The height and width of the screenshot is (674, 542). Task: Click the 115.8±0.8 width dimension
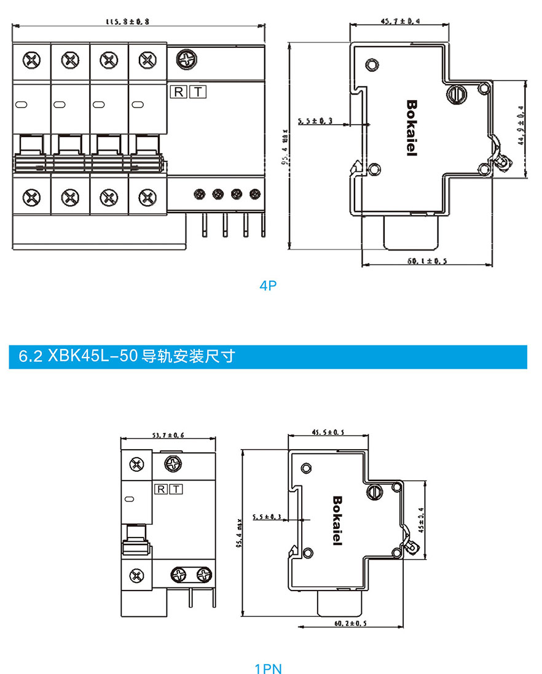pyautogui.click(x=128, y=22)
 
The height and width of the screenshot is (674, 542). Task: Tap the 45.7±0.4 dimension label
pyautogui.click(x=400, y=21)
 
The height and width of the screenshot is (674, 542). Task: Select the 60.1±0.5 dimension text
pyautogui.click(x=426, y=261)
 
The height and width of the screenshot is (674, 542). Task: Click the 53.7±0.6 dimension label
pyautogui.click(x=168, y=435)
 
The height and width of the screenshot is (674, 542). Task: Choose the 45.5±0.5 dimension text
pyautogui.click(x=328, y=433)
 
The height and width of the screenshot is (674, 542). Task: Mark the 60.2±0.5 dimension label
pyautogui.click(x=350, y=623)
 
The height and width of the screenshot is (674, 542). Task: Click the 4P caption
pyautogui.click(x=268, y=285)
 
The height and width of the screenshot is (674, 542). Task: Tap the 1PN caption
pyautogui.click(x=268, y=668)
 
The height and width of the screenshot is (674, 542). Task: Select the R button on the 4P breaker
pyautogui.click(x=178, y=92)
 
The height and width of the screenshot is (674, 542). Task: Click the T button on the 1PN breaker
pyautogui.click(x=175, y=490)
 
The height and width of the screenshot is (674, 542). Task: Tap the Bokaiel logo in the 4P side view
pyautogui.click(x=412, y=128)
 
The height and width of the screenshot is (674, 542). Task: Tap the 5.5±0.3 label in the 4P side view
pyautogui.click(x=315, y=121)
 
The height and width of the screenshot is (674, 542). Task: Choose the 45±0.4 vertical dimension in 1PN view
pyautogui.click(x=421, y=519)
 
